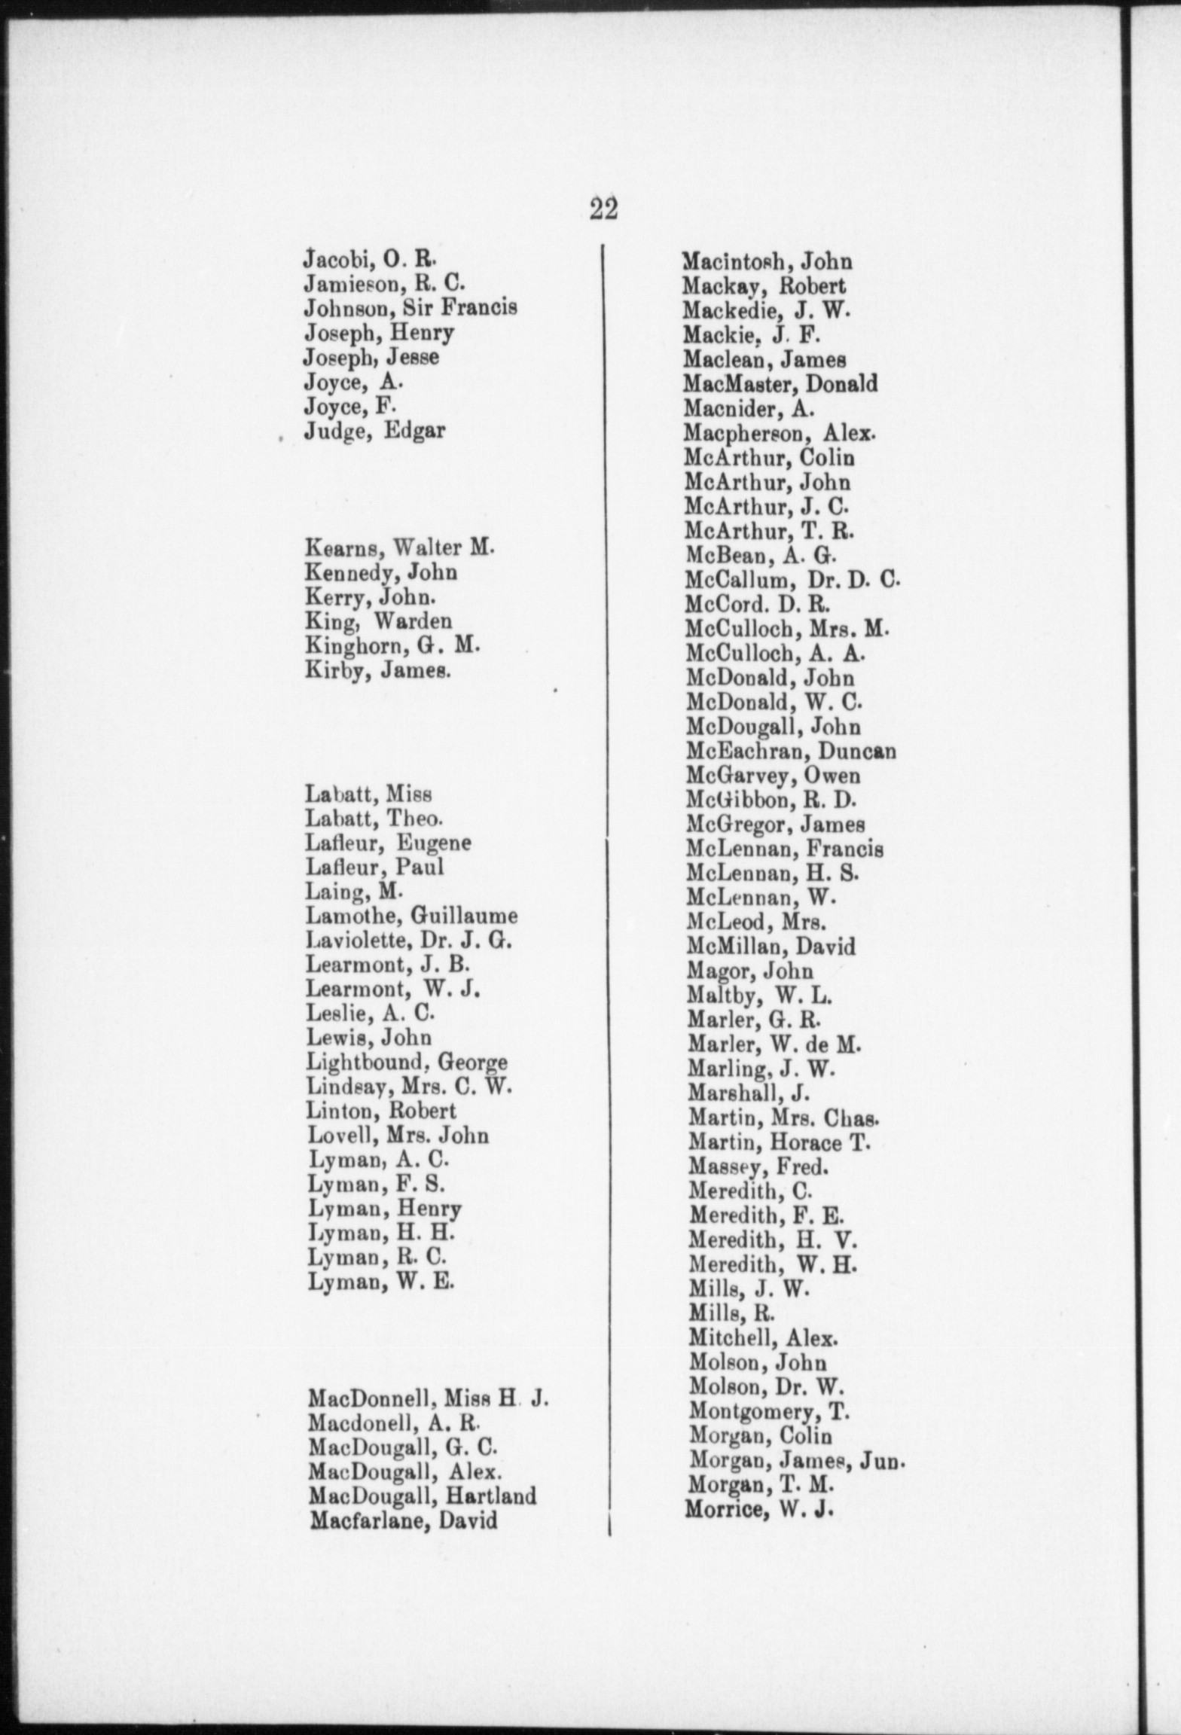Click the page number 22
click(x=603, y=209)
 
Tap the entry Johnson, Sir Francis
click(x=410, y=308)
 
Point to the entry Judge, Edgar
click(x=374, y=431)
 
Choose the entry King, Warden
click(x=378, y=621)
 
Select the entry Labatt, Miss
click(x=368, y=794)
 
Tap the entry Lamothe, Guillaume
click(x=412, y=916)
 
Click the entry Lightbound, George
click(x=407, y=1063)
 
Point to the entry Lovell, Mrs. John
click(x=398, y=1135)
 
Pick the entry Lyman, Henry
click(x=385, y=1209)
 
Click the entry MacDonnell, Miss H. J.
click(x=428, y=1399)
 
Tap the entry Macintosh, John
click(x=767, y=261)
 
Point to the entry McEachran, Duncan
click(x=791, y=751)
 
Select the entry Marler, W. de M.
click(x=774, y=1044)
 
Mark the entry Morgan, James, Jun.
click(x=796, y=1460)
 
